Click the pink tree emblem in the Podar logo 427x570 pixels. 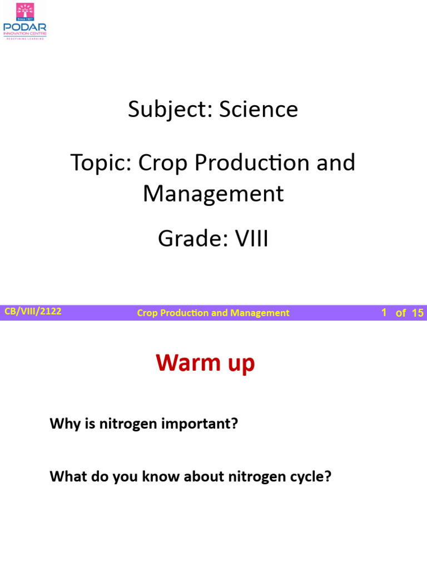pos(25,11)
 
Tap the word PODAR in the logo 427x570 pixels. pos(25,27)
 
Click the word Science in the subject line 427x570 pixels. pos(259,109)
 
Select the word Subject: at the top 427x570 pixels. pos(170,109)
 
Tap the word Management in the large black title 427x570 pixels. pos(213,193)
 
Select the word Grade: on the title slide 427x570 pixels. pos(187,239)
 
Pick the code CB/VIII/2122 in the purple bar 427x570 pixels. pos(33,312)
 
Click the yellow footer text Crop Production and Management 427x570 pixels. pos(213,313)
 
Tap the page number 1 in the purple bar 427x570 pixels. pos(384,313)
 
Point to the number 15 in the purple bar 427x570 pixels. pos(418,313)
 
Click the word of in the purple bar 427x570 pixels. pos(400,313)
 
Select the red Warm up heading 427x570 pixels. pos(205,363)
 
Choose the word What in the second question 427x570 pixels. pos(64,477)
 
